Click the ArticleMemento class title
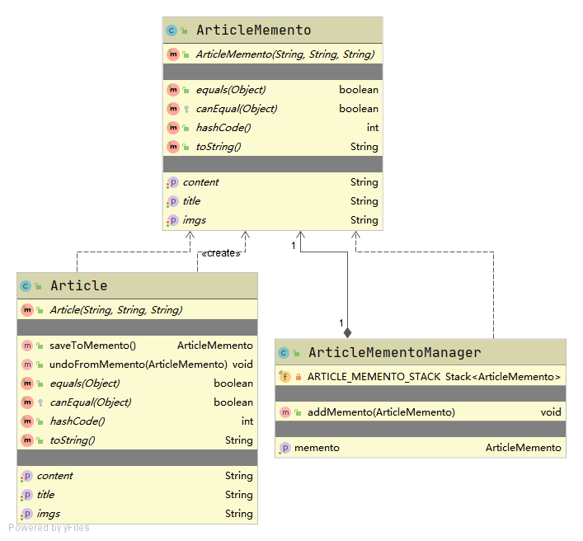[x=253, y=31]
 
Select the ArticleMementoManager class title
[x=394, y=353]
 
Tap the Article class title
[x=79, y=286]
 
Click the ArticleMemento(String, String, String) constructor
[x=284, y=54]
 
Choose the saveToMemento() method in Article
[x=92, y=346]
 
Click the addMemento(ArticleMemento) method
[x=381, y=412]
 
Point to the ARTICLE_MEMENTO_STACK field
[x=374, y=377]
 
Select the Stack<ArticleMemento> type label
[x=503, y=377]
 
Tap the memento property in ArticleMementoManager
[x=317, y=448]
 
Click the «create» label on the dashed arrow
[x=220, y=253]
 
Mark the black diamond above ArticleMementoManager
[x=347, y=332]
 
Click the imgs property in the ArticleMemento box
[x=195, y=220]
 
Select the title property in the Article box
[x=45, y=495]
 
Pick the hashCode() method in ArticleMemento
[x=223, y=128]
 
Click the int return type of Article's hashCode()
[x=247, y=421]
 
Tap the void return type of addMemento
[x=551, y=412]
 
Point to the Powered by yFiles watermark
[x=49, y=528]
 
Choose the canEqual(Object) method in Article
[x=90, y=402]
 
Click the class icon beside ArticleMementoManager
[x=284, y=353]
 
